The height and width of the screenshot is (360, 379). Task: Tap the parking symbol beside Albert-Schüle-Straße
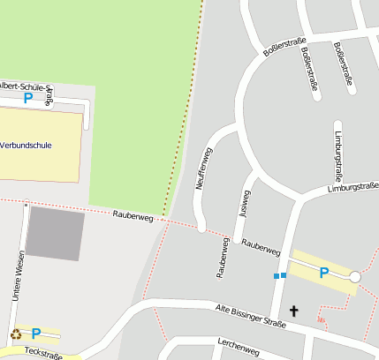[x=27, y=99]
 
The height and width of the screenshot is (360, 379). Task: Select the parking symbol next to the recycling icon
[x=36, y=334]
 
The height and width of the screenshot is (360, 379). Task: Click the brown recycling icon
[x=16, y=334]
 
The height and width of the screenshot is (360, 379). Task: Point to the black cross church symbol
[x=293, y=310]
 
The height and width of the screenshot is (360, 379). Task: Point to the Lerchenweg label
[x=238, y=346]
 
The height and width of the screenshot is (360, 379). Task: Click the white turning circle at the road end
[x=355, y=277]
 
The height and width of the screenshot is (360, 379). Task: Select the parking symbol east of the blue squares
[x=323, y=273]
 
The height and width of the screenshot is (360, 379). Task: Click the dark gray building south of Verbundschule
[x=55, y=236]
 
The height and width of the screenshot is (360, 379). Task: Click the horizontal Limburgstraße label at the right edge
[x=352, y=187]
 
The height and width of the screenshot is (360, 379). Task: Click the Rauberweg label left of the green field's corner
[x=133, y=215]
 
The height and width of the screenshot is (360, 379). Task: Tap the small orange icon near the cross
[x=320, y=319]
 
